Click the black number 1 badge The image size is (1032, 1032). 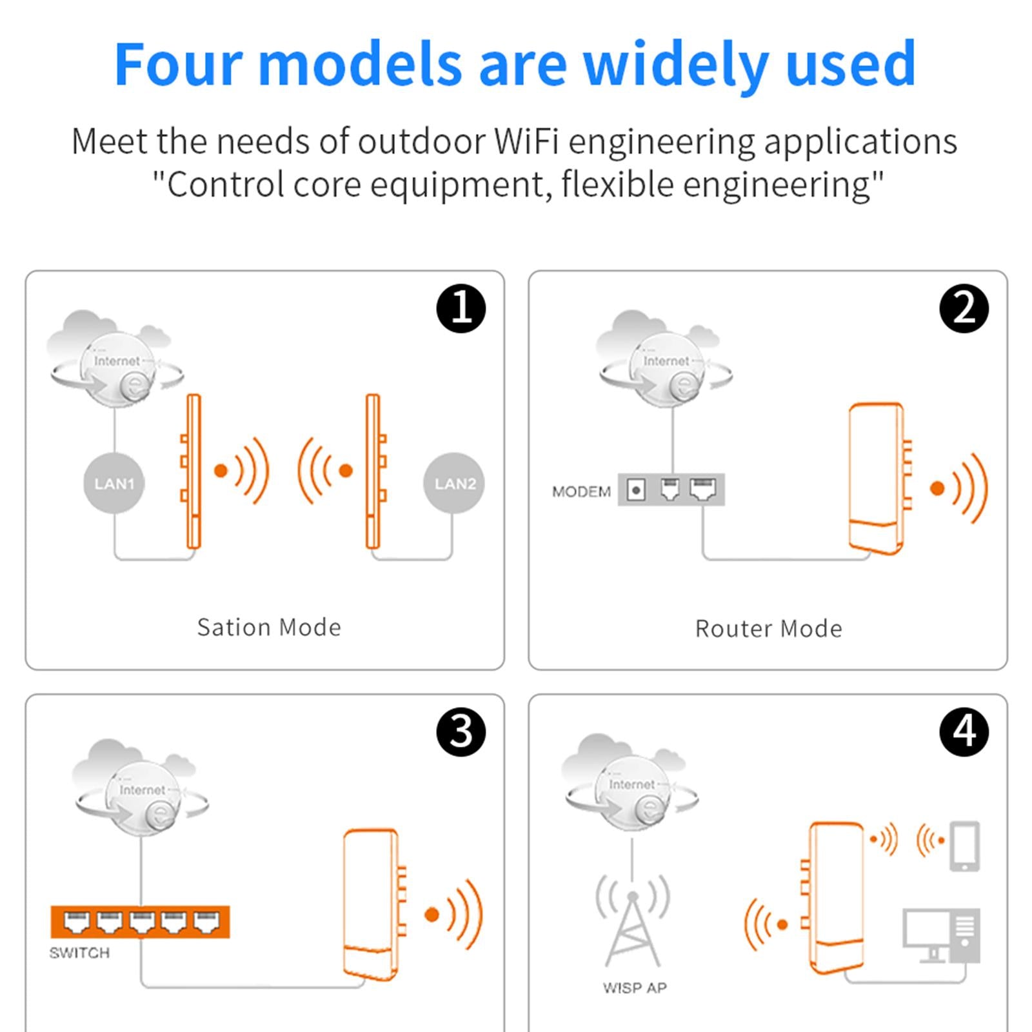[x=461, y=308]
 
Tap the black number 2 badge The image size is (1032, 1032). [x=964, y=308]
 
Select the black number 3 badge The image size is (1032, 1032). [x=461, y=732]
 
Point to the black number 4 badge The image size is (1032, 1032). [x=964, y=732]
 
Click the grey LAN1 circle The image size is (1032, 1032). [x=114, y=483]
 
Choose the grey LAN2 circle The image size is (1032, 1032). [x=454, y=483]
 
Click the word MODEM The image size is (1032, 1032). [x=581, y=491]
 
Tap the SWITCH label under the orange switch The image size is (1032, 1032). [x=79, y=953]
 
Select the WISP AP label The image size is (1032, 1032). [x=635, y=987]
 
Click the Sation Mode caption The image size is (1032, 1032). [x=269, y=627]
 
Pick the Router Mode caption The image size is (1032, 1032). [x=768, y=628]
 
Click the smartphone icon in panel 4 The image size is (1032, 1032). [x=965, y=846]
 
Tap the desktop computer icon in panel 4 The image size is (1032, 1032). [x=941, y=936]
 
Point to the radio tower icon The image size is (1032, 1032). [x=633, y=920]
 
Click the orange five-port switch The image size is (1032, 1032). [x=140, y=922]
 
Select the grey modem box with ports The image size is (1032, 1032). [x=671, y=490]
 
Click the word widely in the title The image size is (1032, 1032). [x=675, y=64]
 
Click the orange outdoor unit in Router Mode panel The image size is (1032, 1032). [x=879, y=479]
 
